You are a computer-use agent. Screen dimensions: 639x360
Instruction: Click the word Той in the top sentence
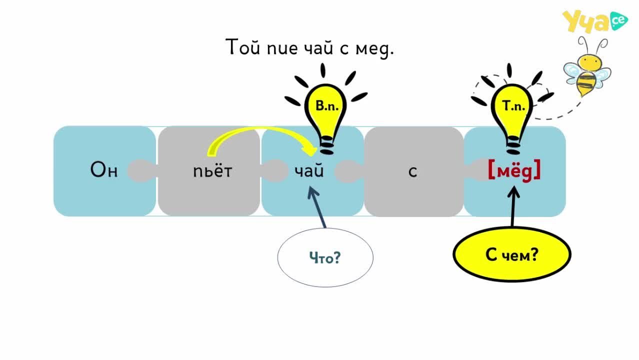pos(243,47)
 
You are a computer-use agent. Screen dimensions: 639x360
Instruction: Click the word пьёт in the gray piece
pos(212,171)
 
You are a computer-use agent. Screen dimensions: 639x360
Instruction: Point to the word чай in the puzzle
pos(309,170)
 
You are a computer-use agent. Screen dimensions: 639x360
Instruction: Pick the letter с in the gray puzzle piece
pos(413,171)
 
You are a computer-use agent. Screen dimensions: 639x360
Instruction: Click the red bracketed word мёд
pos(514,170)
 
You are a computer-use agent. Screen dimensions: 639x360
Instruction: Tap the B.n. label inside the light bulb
pos(327,106)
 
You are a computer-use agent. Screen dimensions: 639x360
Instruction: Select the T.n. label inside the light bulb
pos(513,106)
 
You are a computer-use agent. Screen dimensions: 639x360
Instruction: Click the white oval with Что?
pos(325,257)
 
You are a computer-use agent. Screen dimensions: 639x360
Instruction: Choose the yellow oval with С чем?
pos(512,254)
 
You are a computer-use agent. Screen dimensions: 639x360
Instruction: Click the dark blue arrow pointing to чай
pos(316,207)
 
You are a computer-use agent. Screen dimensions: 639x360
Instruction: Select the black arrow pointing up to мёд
pos(513,206)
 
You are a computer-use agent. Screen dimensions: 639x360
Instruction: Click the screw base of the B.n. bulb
pos(326,145)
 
